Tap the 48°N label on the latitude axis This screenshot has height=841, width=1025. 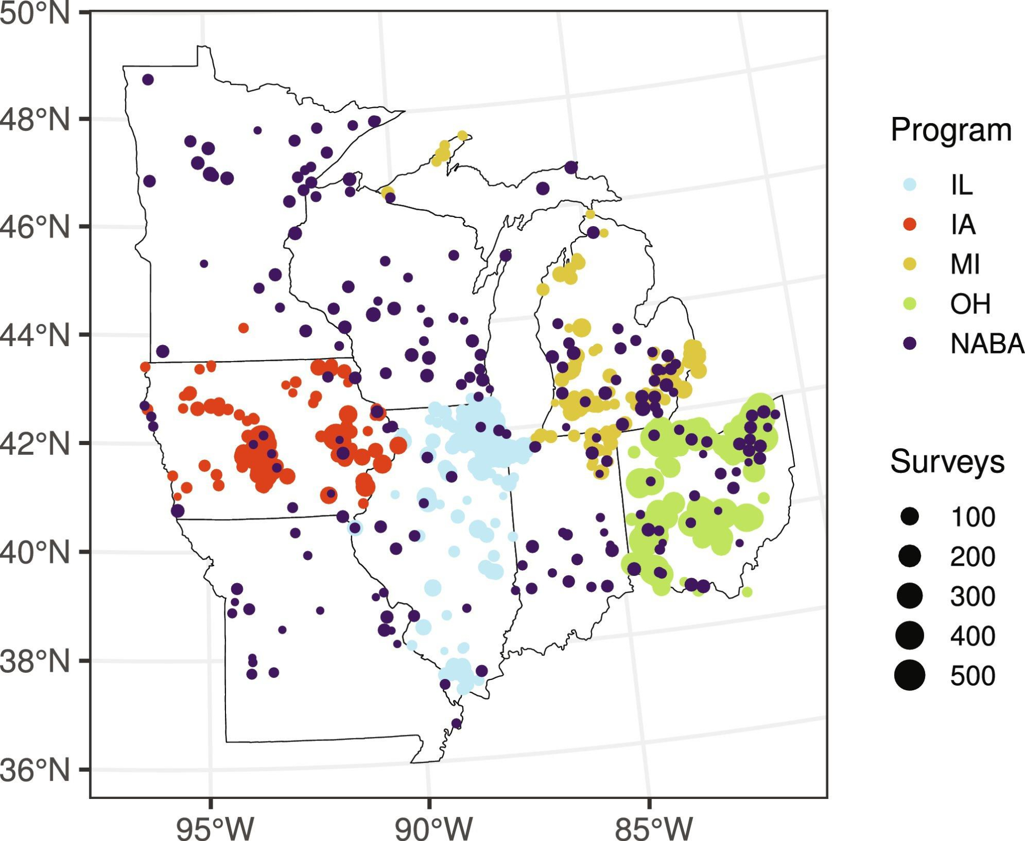(x=35, y=120)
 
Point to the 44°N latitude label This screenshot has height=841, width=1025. (x=35, y=336)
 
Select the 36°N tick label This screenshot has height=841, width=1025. (x=35, y=770)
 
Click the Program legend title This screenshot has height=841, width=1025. (x=951, y=130)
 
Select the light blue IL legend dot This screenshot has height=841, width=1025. (x=910, y=185)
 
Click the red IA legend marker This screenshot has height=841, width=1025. (x=910, y=224)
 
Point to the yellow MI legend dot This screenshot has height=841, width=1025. (x=910, y=264)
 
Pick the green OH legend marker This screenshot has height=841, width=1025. (x=910, y=304)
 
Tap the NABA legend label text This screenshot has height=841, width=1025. (x=987, y=344)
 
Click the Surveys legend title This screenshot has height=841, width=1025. (x=947, y=462)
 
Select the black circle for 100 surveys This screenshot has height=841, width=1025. (x=910, y=516)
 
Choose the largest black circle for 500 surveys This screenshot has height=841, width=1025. (x=910, y=675)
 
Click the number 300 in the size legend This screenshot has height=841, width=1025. (x=972, y=596)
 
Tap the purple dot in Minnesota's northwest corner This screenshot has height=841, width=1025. (x=148, y=79)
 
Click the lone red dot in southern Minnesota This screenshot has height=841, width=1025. (x=243, y=328)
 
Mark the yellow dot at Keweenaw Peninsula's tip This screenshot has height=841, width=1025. (x=462, y=135)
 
